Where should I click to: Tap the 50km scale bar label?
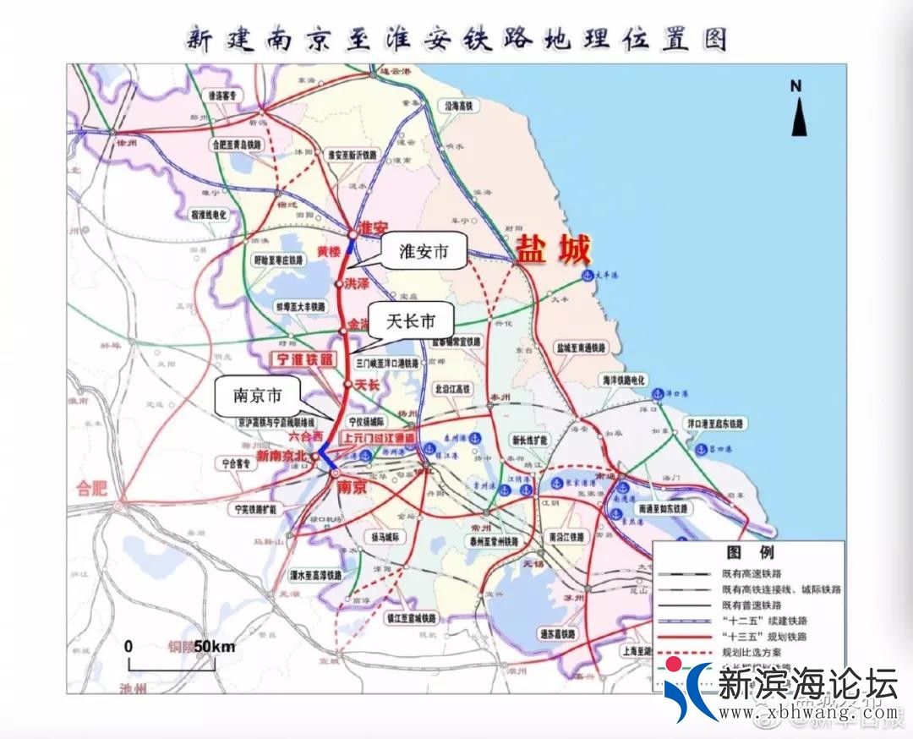coord(215,646)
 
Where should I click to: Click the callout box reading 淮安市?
coord(423,252)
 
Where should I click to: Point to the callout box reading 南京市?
coord(259,395)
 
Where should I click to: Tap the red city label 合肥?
coord(93,489)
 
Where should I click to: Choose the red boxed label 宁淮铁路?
coord(302,360)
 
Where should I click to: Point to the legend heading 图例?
coord(749,553)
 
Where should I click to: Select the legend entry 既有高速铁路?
coord(752,574)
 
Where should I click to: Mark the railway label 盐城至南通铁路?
coord(582,348)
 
